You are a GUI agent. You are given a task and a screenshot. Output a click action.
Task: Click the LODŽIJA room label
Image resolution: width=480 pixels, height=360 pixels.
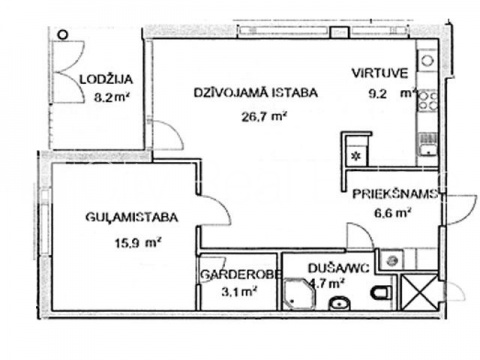pyautogui.click(x=106, y=79)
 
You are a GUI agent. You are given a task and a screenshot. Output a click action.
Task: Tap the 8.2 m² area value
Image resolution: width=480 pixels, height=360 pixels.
pyautogui.click(x=112, y=97)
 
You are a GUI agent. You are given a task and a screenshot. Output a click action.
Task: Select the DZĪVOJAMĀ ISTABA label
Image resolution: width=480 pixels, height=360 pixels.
pyautogui.click(x=256, y=92)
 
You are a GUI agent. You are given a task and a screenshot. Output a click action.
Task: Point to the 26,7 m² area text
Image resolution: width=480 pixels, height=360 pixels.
pyautogui.click(x=264, y=117)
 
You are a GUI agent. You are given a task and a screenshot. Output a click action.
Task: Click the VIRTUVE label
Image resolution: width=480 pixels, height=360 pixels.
pyautogui.click(x=380, y=73)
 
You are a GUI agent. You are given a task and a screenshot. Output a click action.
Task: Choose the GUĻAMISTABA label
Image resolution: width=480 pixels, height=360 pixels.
pyautogui.click(x=132, y=217)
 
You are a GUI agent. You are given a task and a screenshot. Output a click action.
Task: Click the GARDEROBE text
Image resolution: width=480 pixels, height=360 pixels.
pyautogui.click(x=240, y=274)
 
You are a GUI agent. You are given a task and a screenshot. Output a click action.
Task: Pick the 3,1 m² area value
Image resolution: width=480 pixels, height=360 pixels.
pyautogui.click(x=239, y=292)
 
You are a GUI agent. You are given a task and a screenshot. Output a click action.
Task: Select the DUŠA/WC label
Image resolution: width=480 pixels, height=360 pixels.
pyautogui.click(x=338, y=268)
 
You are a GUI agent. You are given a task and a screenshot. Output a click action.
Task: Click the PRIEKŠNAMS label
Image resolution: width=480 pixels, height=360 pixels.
pyautogui.click(x=395, y=194)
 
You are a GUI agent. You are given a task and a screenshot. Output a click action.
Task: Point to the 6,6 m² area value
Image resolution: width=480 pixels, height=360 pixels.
pyautogui.click(x=392, y=212)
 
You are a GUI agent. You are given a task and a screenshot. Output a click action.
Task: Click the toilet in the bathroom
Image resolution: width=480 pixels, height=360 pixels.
pyautogui.click(x=383, y=292)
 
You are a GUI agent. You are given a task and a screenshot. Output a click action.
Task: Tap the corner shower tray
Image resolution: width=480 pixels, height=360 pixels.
pyautogui.click(x=299, y=294)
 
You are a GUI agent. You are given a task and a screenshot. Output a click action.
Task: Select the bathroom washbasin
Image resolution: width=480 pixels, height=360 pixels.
pyautogui.click(x=340, y=304)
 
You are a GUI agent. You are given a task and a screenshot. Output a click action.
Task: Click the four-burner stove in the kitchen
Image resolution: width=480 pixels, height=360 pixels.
pyautogui.click(x=428, y=100)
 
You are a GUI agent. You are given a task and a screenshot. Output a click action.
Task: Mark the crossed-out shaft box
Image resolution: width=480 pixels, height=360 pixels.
pyautogui.click(x=419, y=292)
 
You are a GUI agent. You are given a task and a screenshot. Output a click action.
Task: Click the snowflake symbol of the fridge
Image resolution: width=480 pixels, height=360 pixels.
pyautogui.click(x=357, y=155)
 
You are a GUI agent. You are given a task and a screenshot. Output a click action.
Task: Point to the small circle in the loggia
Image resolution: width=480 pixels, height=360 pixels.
pyautogui.click(x=63, y=34)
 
